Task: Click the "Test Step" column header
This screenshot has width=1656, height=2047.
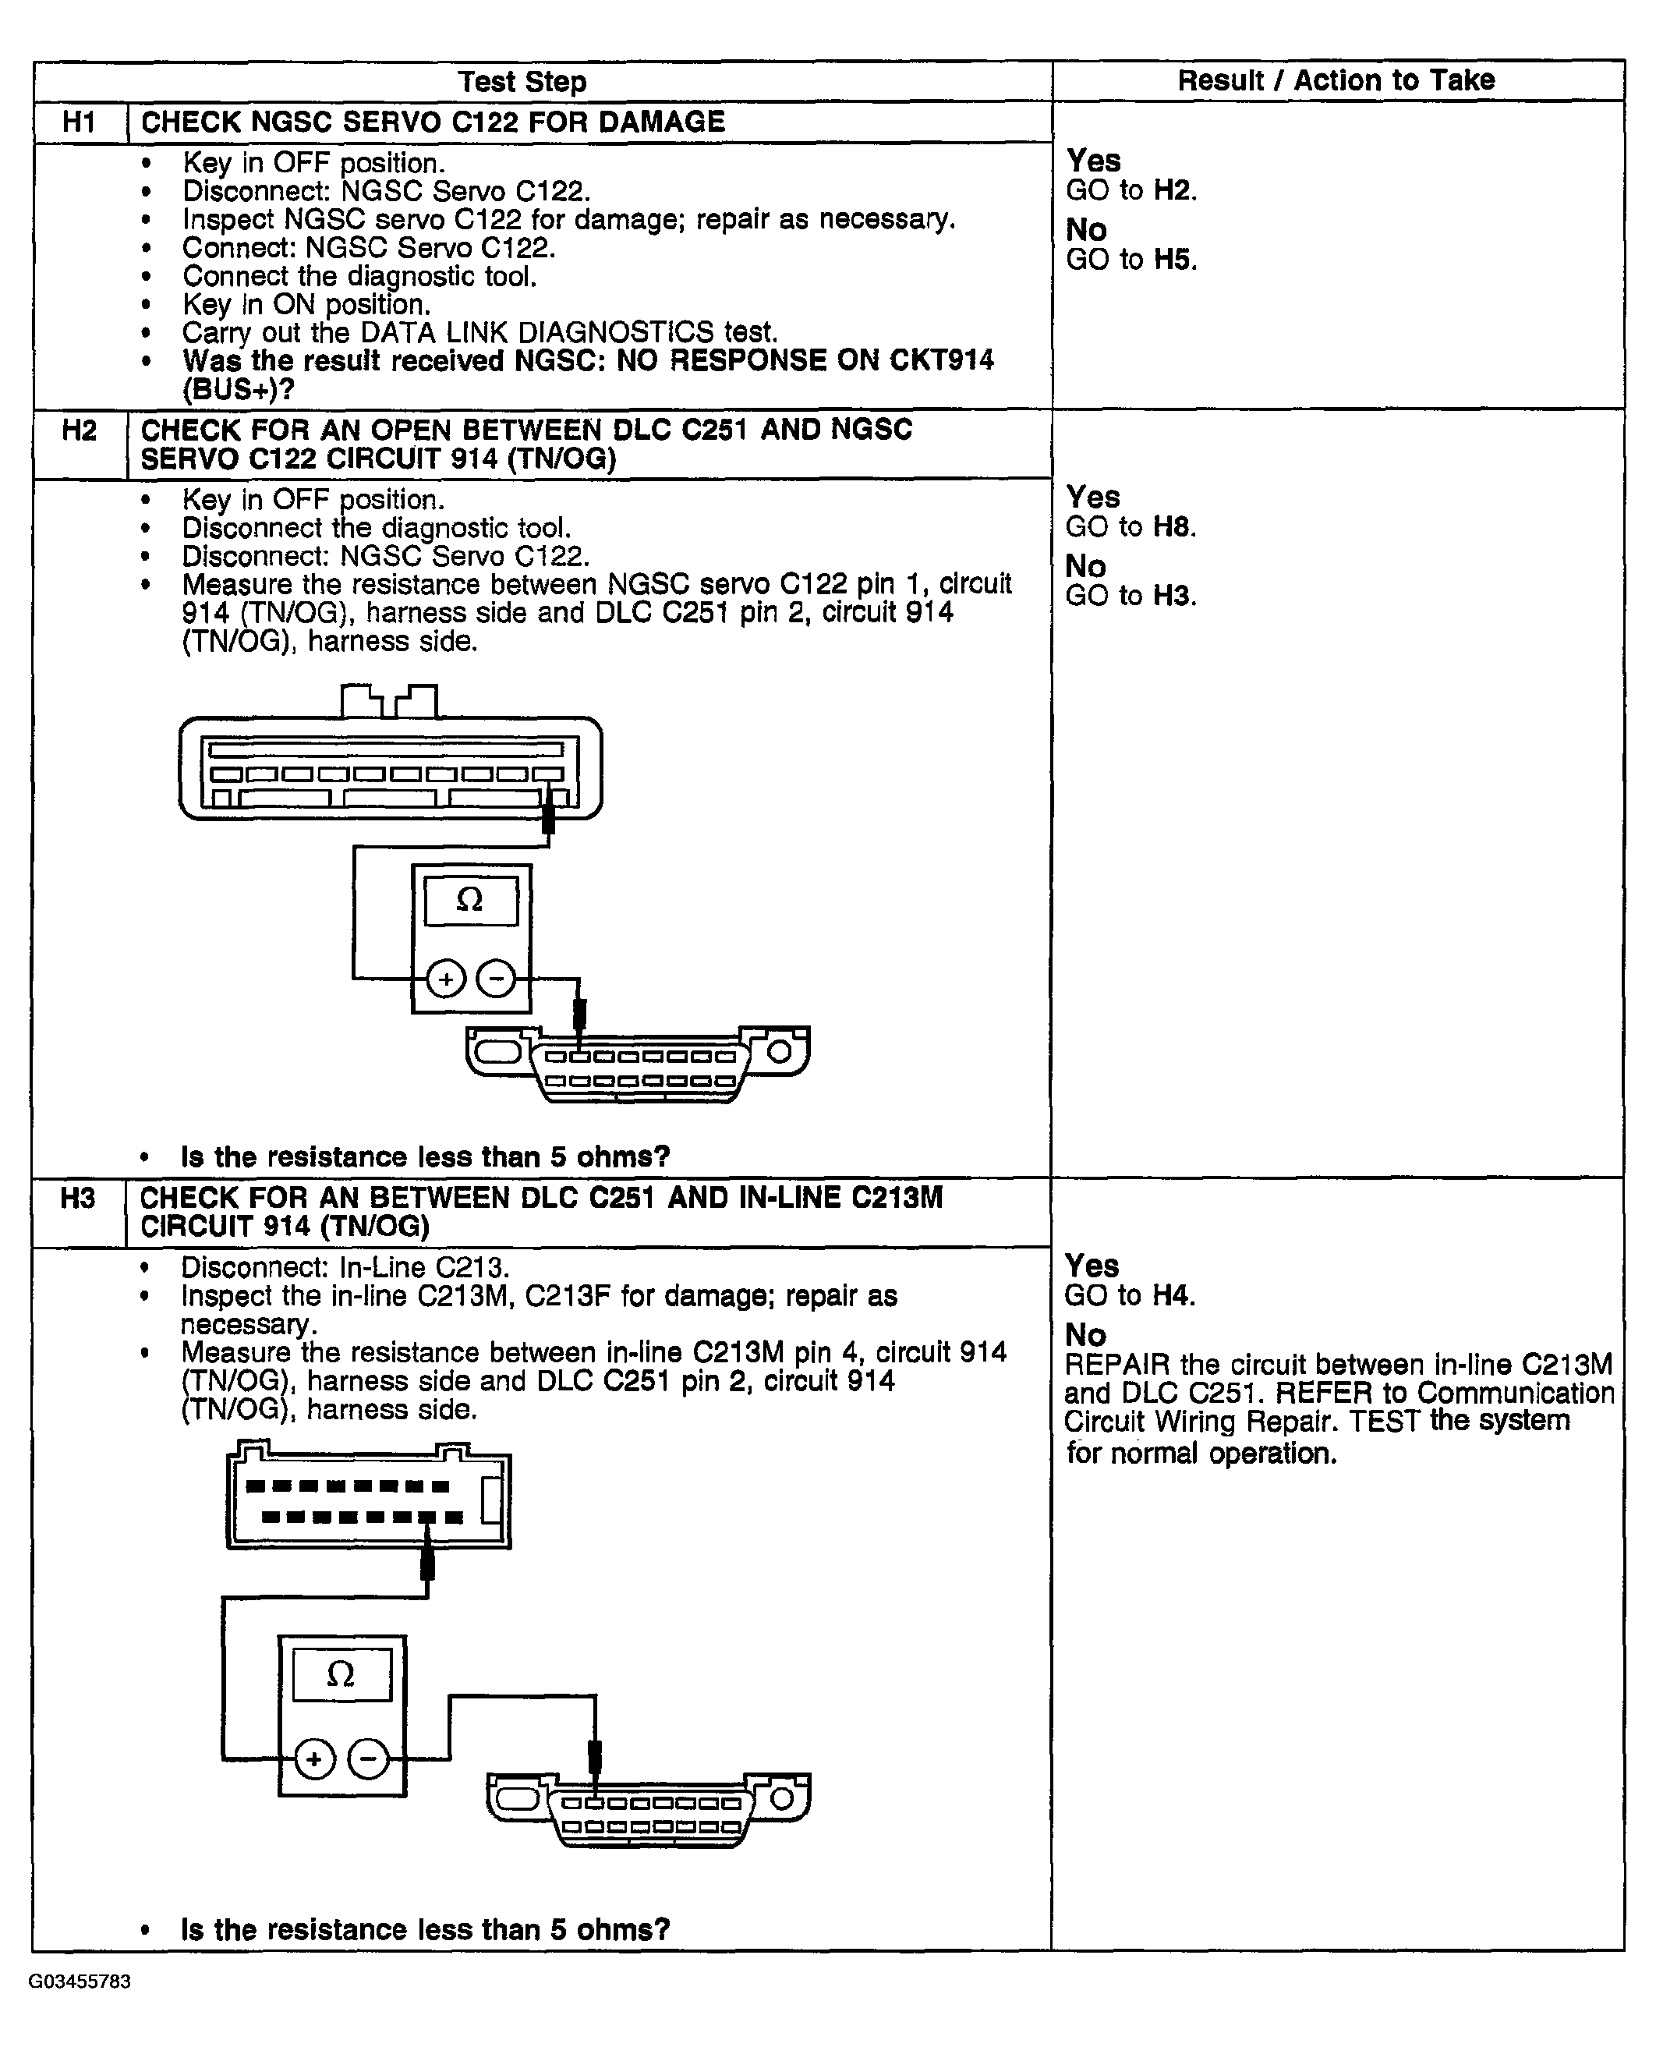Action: pos(522,82)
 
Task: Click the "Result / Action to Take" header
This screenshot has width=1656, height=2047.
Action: pos(1336,81)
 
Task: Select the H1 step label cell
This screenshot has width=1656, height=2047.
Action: pos(80,122)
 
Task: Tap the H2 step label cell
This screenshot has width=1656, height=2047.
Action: pos(80,431)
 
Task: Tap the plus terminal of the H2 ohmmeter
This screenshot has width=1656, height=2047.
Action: pos(445,979)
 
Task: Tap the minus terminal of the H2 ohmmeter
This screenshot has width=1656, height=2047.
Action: pos(496,979)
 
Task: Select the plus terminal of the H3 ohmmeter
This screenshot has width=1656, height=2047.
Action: pos(315,1759)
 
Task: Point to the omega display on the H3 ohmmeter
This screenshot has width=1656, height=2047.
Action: pos(341,1675)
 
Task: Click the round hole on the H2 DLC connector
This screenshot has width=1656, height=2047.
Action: pos(780,1052)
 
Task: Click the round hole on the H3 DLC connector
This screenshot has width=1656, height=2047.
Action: pos(781,1799)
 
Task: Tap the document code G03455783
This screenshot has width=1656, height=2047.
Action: pos(80,1982)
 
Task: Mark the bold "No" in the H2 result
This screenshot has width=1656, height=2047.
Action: pos(1085,567)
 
